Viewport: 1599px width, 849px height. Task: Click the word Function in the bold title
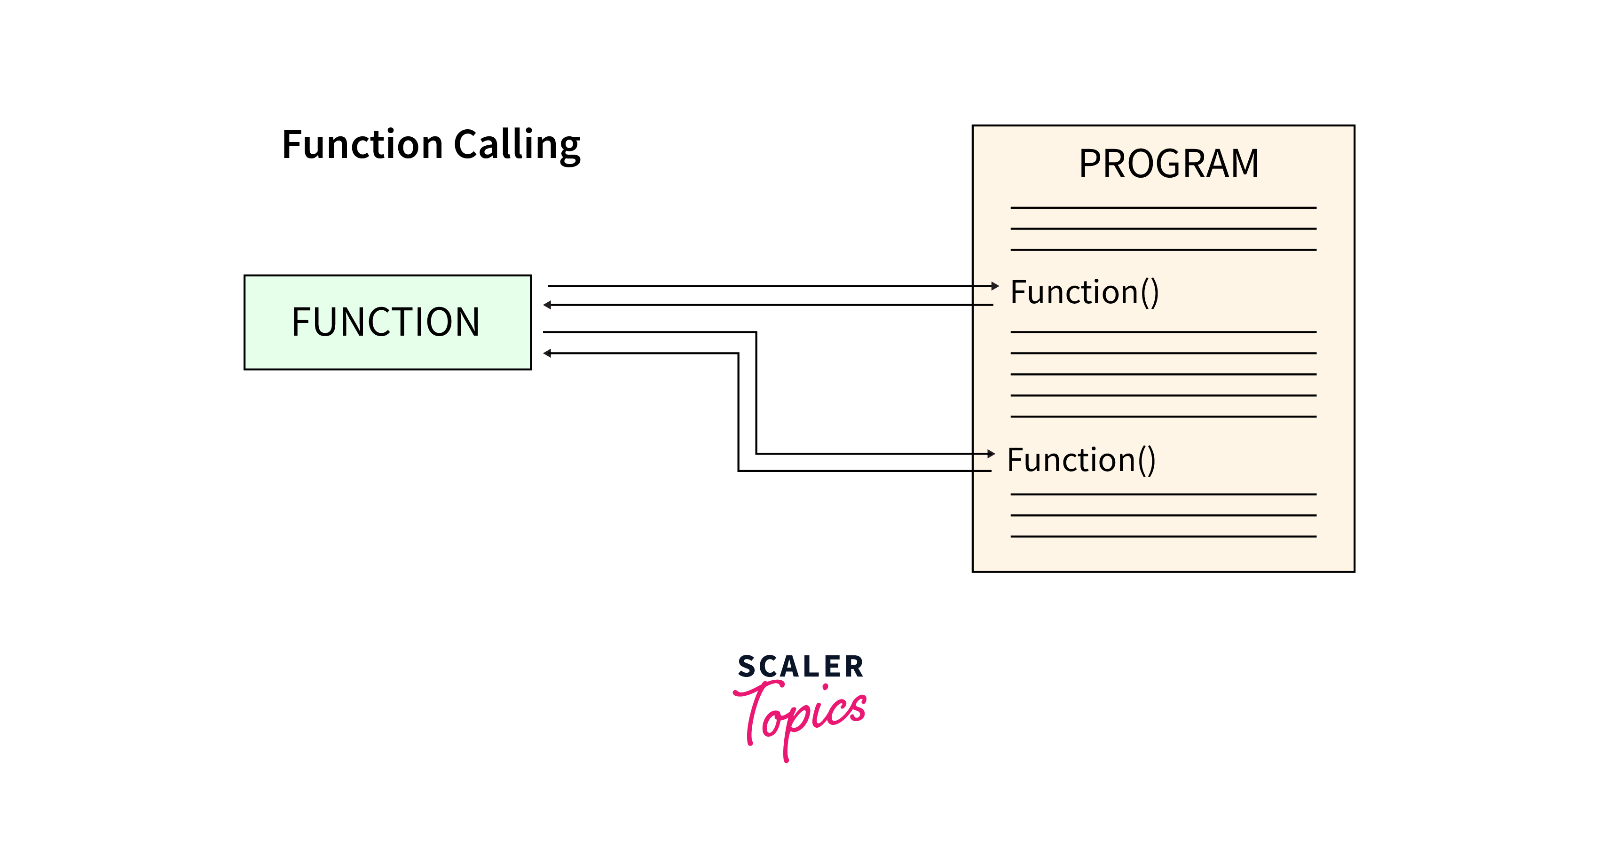(x=362, y=145)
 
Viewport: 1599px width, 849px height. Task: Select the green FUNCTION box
(x=387, y=322)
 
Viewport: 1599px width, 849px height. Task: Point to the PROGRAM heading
(x=1168, y=164)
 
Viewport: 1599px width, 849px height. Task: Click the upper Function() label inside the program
(x=1084, y=292)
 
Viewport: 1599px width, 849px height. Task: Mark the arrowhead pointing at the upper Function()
(x=995, y=286)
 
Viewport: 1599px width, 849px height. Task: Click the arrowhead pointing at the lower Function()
(x=991, y=454)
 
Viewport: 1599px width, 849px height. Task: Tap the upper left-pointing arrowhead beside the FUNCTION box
(x=547, y=305)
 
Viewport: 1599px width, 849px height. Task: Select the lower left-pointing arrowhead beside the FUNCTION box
(x=547, y=353)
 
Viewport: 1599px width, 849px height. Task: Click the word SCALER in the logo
(x=800, y=667)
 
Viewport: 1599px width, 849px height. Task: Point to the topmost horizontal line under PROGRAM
(x=1163, y=207)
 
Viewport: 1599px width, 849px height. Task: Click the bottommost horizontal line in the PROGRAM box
(x=1163, y=536)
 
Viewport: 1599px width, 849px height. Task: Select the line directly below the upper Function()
(x=1163, y=332)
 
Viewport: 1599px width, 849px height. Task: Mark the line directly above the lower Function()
(x=1163, y=417)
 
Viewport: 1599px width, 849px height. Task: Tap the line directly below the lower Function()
(x=1163, y=494)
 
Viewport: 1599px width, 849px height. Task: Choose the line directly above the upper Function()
(x=1163, y=250)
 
